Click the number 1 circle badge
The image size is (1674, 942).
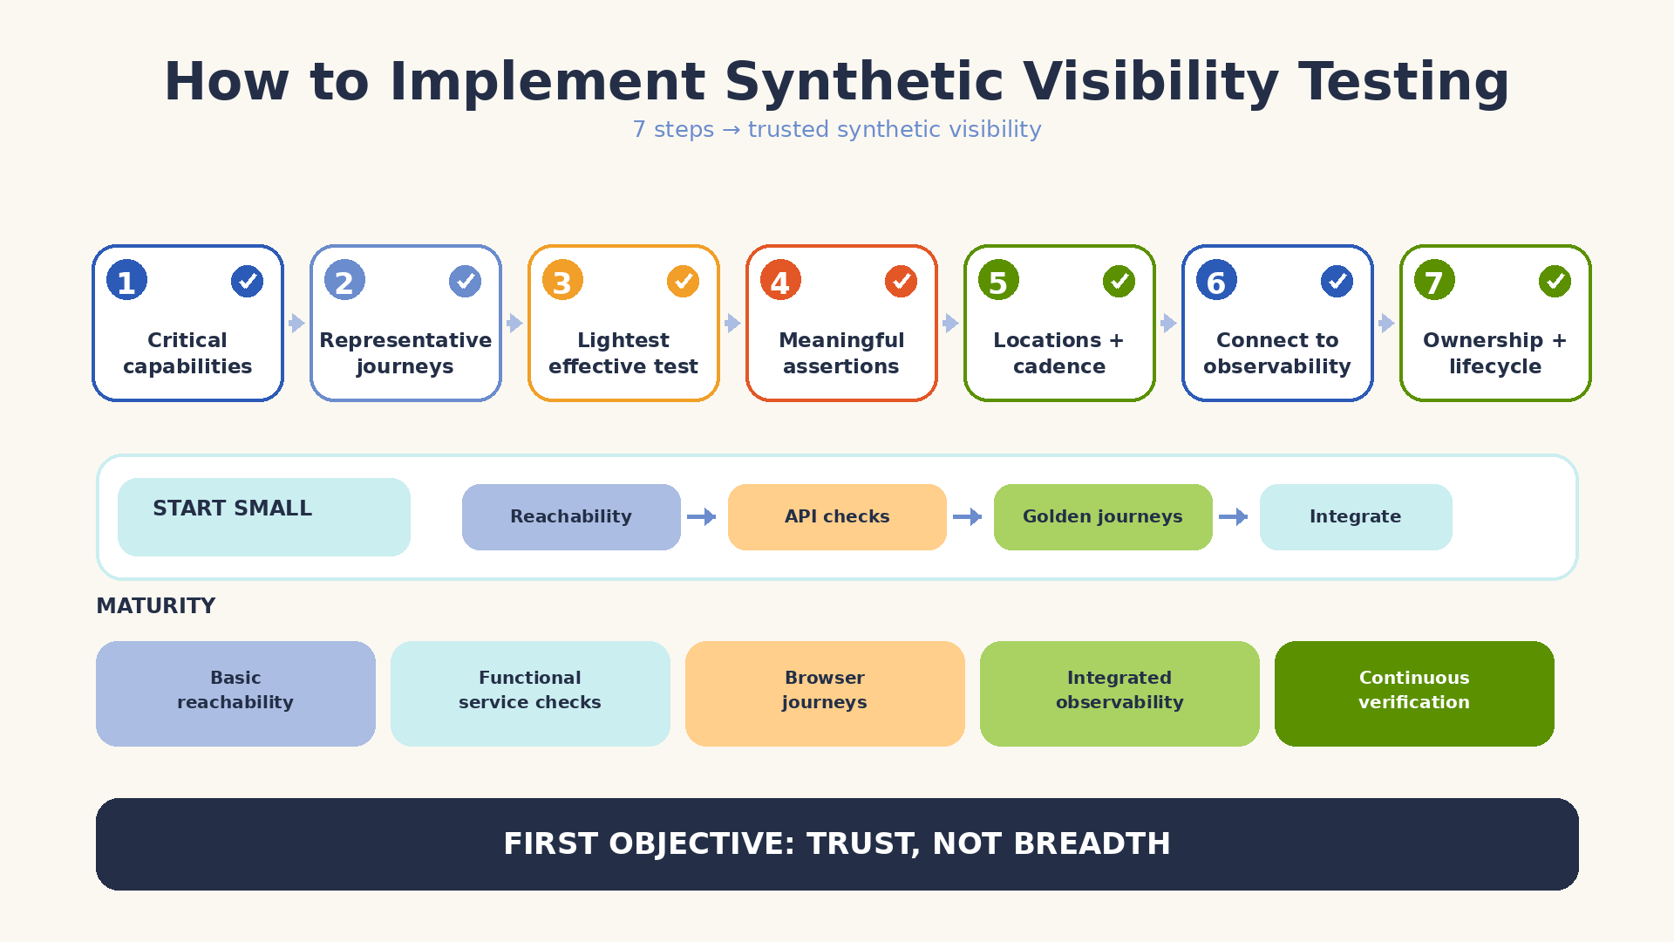[x=126, y=280]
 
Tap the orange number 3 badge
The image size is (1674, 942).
[x=562, y=280]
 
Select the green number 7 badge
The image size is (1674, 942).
[x=1434, y=280]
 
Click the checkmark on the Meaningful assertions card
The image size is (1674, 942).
[x=901, y=281]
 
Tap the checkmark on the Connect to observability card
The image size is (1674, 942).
[x=1337, y=281]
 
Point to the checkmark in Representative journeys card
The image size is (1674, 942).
[x=465, y=281]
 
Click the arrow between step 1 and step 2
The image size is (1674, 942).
[x=297, y=324]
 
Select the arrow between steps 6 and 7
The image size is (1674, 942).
[x=1387, y=324]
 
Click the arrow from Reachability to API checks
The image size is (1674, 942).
[x=702, y=517]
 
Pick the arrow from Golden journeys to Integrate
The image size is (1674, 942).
[x=1234, y=517]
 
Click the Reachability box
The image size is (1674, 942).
[x=571, y=517]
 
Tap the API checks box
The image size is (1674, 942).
[x=837, y=517]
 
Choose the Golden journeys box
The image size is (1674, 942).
[x=1103, y=517]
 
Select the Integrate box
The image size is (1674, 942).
[x=1356, y=517]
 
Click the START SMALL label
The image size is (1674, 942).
[x=232, y=509]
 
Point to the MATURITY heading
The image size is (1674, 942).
[x=155, y=606]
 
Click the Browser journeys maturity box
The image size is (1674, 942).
[x=825, y=693]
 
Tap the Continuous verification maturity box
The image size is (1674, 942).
[x=1414, y=693]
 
